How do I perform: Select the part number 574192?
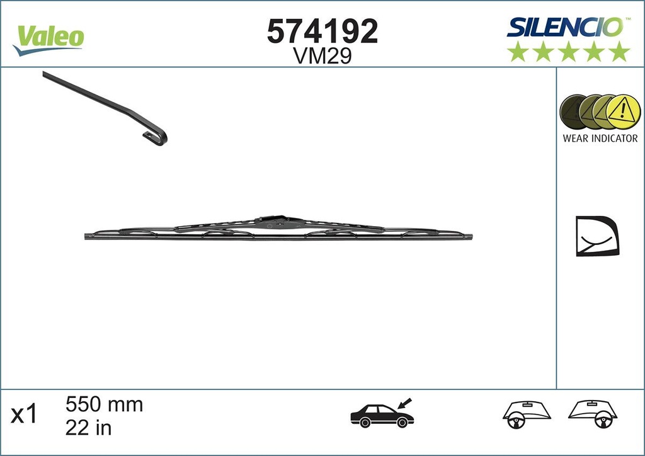point(322,31)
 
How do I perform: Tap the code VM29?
point(322,57)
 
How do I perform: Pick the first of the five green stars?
point(518,52)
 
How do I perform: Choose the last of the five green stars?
point(620,52)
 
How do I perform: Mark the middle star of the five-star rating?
point(569,52)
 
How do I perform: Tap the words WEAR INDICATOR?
point(600,139)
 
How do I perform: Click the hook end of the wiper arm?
point(157,137)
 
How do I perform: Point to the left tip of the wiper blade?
point(87,236)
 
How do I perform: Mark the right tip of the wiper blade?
point(470,237)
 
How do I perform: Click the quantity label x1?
point(25,415)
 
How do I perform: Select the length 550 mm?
point(105,404)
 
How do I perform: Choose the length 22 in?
point(88,428)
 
